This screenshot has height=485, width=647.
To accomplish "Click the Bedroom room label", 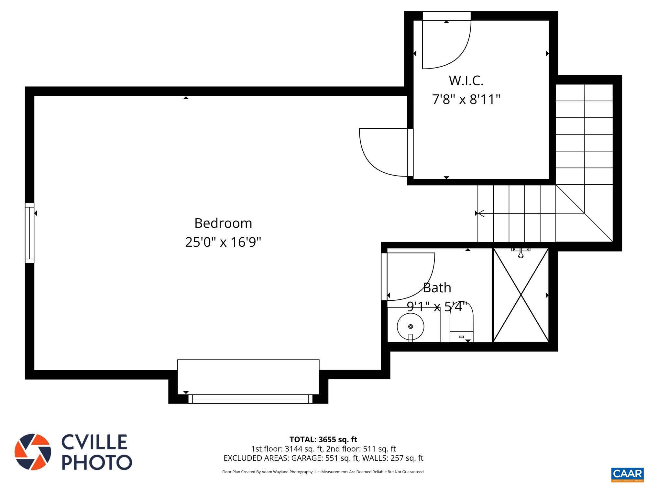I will pos(223,223).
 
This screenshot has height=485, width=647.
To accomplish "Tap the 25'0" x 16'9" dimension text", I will pos(223,242).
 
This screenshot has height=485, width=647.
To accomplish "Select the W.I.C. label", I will pos(466,81).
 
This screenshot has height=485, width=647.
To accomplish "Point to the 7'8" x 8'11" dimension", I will pos(466,99).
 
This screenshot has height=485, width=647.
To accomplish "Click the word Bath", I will pos(437,288).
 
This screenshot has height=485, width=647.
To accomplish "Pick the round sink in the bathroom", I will pos(411,327).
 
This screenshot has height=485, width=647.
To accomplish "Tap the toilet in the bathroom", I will pos(461,323).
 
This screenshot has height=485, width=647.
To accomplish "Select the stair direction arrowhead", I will pos(481,213).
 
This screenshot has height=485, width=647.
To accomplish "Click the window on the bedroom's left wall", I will pos(29,233).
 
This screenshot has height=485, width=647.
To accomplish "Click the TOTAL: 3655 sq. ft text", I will pos(323,439).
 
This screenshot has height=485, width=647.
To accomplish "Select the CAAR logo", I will pos(627,474).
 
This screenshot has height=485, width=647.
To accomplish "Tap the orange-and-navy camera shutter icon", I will pos(33,452).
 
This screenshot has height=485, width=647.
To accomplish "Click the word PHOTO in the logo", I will pos(97,462).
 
